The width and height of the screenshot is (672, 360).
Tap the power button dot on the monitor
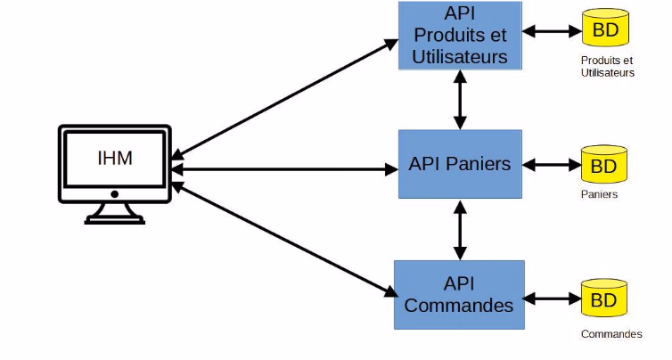pyautogui.click(x=114, y=193)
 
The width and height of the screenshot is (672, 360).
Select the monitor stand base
pyautogui.click(x=114, y=217)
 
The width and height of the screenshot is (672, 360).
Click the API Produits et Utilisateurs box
pyautogui.click(x=460, y=36)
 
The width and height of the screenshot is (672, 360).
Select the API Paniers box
pyautogui.click(x=460, y=164)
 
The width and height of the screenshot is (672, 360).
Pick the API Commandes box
pyautogui.click(x=460, y=294)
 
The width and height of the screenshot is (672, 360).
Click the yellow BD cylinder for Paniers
pyautogui.click(x=604, y=166)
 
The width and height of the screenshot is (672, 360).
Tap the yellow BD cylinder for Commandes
pyautogui.click(x=604, y=299)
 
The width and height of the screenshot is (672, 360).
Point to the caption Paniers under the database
pyautogui.click(x=599, y=193)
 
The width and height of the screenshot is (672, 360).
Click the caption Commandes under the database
pyautogui.click(x=611, y=334)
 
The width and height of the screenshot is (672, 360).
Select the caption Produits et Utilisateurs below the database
pyautogui.click(x=607, y=67)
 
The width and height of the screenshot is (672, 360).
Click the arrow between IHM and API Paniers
pyautogui.click(x=285, y=167)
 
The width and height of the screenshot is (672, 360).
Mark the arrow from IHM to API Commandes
pyautogui.click(x=285, y=239)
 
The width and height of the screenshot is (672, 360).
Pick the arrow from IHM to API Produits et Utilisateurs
pyautogui.click(x=285, y=97)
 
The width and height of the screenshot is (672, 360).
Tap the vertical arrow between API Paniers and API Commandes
pyautogui.click(x=460, y=229)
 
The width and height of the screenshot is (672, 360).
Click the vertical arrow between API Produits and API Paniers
pyautogui.click(x=460, y=99)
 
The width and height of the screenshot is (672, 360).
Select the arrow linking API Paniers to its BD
pyautogui.click(x=553, y=165)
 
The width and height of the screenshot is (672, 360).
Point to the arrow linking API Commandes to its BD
pyautogui.click(x=553, y=298)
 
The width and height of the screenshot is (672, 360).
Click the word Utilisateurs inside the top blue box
pyautogui.click(x=460, y=56)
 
